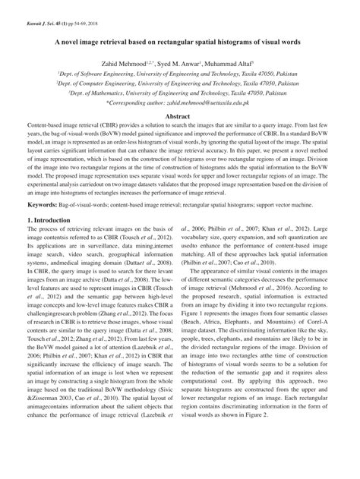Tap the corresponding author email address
coord(204,101)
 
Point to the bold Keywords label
coord(43,206)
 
